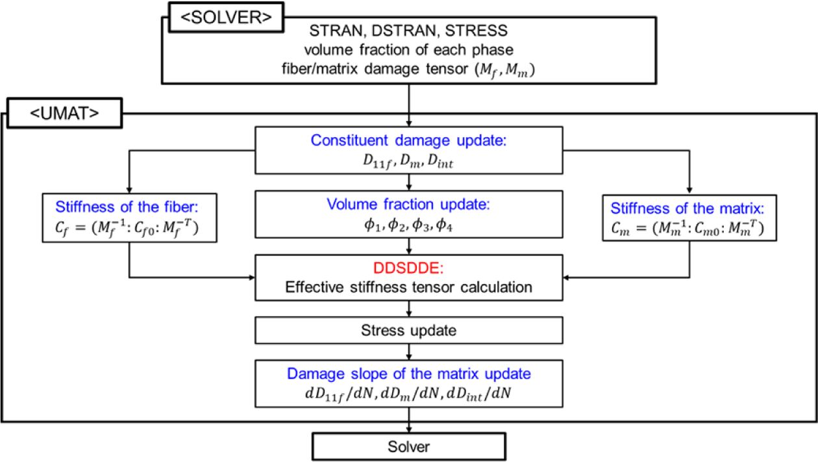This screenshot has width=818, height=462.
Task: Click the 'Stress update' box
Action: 409,330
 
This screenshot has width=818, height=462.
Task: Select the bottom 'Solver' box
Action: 409,447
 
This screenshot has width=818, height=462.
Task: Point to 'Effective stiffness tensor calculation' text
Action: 409,286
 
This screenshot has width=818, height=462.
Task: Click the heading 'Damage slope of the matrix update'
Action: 409,375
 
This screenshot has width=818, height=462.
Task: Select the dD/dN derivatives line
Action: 409,394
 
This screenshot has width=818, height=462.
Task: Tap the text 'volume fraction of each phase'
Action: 409,48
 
